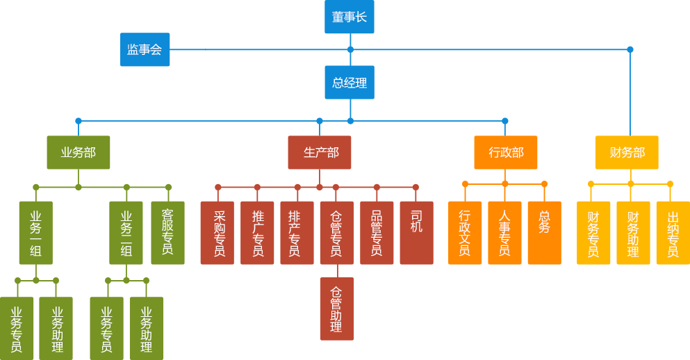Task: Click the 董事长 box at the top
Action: pos(349,17)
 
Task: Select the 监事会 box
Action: pos(145,49)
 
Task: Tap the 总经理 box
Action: pos(349,83)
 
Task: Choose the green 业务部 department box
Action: pos(78,152)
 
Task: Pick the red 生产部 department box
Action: pos(319,152)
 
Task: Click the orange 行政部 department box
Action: pos(505,152)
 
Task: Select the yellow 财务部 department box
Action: pos(627,152)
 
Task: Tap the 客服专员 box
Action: pos(167,233)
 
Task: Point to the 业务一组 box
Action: pos(36,233)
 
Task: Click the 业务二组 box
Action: pos(126,233)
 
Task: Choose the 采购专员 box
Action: pos(217,233)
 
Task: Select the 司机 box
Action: pos(416,233)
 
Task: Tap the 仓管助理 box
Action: pos(336,309)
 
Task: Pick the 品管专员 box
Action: pos(377,233)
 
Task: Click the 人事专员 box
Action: pos(504,233)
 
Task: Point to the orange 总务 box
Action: pos(544,233)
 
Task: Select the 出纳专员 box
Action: pos(673,233)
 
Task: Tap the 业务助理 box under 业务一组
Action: pos(56,329)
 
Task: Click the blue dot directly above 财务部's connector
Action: pos(630,49)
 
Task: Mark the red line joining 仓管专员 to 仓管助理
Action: pos(337,271)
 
